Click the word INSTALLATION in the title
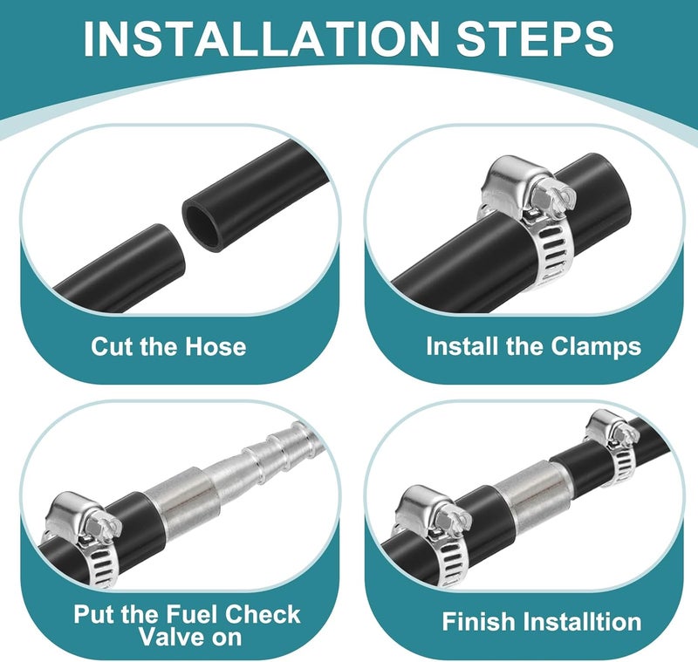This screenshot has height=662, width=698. tap(261, 38)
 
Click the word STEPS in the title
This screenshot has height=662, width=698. tap(535, 38)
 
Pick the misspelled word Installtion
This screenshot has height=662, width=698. tap(579, 621)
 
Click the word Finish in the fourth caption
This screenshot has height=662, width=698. tap(476, 621)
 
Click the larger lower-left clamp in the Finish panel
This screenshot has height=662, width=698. tap(434, 534)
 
